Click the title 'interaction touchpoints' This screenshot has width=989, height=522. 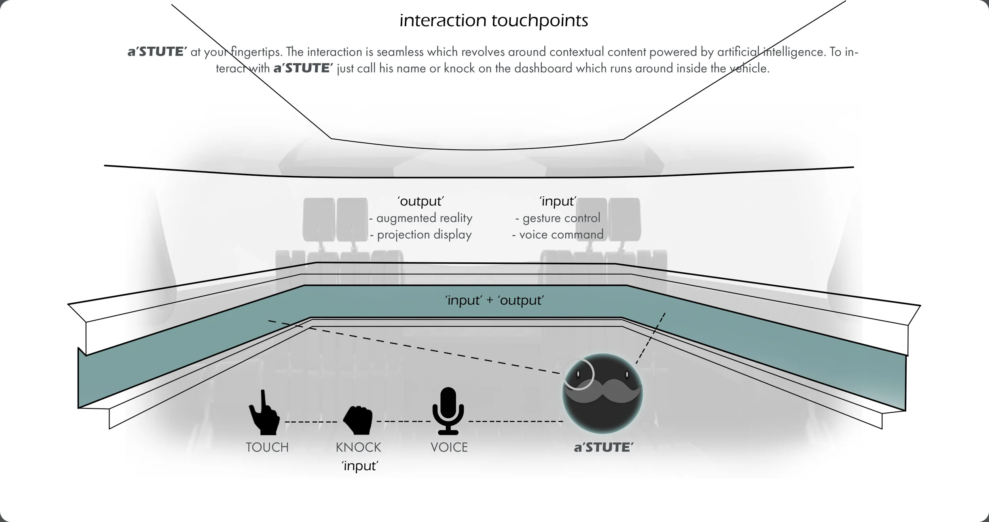coord(494,21)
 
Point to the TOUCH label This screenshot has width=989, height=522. coord(267,448)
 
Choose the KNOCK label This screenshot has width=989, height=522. coord(358,448)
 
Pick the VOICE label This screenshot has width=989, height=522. coord(449,448)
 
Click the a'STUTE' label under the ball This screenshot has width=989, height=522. coord(604,448)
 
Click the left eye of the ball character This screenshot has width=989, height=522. coord(578,374)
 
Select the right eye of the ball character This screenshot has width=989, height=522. coord(627,374)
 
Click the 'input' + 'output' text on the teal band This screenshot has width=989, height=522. coord(494,300)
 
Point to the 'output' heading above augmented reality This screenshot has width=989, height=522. coord(421,201)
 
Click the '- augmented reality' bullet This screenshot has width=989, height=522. coord(421,218)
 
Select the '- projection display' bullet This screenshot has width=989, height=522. coord(421,235)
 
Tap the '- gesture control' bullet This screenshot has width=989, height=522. coord(558,218)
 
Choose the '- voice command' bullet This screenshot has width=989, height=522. coord(558,235)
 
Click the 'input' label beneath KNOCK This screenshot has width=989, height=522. coord(360,466)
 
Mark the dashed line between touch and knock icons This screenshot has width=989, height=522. coord(311,422)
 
